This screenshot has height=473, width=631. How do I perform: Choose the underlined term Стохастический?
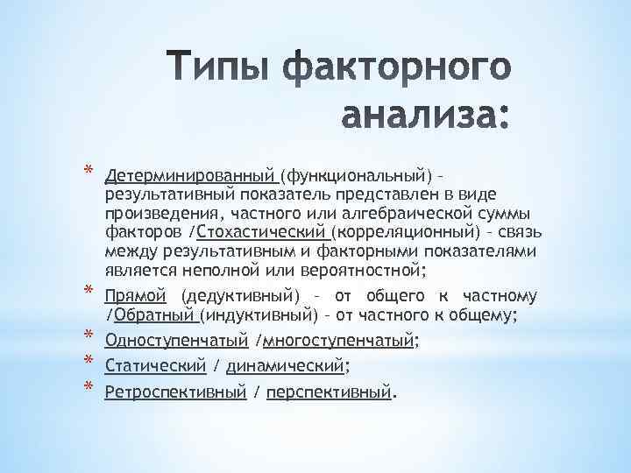pyautogui.click(x=261, y=232)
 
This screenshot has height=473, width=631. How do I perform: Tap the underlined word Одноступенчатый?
pyautogui.click(x=175, y=340)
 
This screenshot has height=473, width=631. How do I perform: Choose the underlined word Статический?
pyautogui.click(x=154, y=365)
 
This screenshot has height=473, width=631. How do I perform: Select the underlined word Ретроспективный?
pyautogui.click(x=174, y=392)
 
